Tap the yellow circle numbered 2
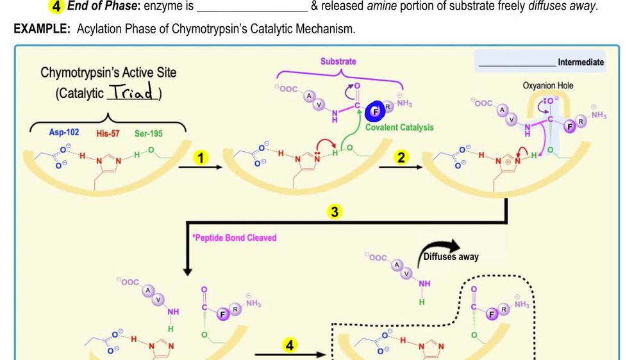(401, 158)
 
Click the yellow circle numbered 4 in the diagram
(290, 345)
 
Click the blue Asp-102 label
(64, 133)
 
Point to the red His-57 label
(108, 133)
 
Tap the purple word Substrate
(338, 61)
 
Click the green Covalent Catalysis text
(399, 127)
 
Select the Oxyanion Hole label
(548, 85)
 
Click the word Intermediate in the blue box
(581, 62)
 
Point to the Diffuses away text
(451, 257)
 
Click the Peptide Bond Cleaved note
(235, 238)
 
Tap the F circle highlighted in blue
(376, 112)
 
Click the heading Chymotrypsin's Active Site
(108, 73)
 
